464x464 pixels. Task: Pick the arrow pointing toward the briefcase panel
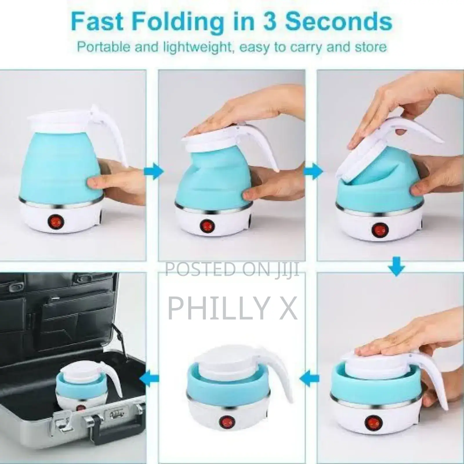[150, 378]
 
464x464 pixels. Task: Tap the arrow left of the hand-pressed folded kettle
[309, 378]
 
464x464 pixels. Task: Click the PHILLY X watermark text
[233, 308]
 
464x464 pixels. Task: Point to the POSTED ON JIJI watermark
[232, 269]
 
